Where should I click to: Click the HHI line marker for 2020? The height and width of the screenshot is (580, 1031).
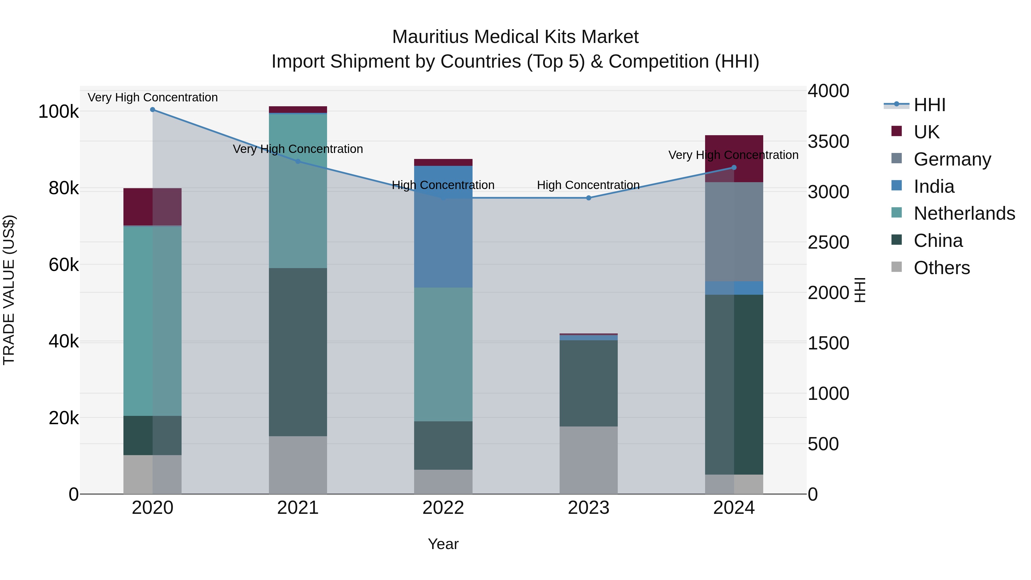(x=152, y=110)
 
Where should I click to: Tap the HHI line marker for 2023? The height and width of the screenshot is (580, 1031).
(x=588, y=198)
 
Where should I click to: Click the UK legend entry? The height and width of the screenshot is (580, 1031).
(x=926, y=132)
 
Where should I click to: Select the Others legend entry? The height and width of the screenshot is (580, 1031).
(x=941, y=268)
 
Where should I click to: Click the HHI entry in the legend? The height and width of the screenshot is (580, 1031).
(x=929, y=105)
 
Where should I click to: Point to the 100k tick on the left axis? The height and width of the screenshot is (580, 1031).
(x=58, y=112)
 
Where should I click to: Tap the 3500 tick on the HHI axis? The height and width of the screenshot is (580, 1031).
(x=828, y=142)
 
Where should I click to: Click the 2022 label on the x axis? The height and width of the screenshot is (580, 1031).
(x=443, y=508)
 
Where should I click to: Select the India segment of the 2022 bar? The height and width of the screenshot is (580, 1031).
(x=443, y=226)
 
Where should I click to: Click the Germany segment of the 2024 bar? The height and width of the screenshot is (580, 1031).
(x=734, y=232)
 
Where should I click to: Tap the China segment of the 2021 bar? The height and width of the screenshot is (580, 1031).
(x=298, y=352)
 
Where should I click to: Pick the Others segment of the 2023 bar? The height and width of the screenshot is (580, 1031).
(x=588, y=460)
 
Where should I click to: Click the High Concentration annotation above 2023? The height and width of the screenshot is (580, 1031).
(x=588, y=185)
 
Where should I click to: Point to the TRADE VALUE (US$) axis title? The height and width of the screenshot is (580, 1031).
(x=9, y=290)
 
